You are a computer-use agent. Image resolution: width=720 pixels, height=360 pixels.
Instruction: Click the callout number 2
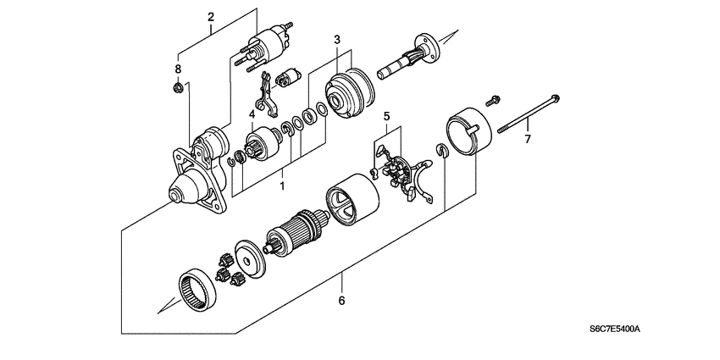click(x=211, y=16)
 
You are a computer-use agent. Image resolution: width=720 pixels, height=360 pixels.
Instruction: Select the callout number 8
click(x=178, y=69)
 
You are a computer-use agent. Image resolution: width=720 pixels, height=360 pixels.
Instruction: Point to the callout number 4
click(x=252, y=114)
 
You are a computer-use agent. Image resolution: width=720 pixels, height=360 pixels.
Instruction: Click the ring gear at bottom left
click(x=201, y=289)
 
